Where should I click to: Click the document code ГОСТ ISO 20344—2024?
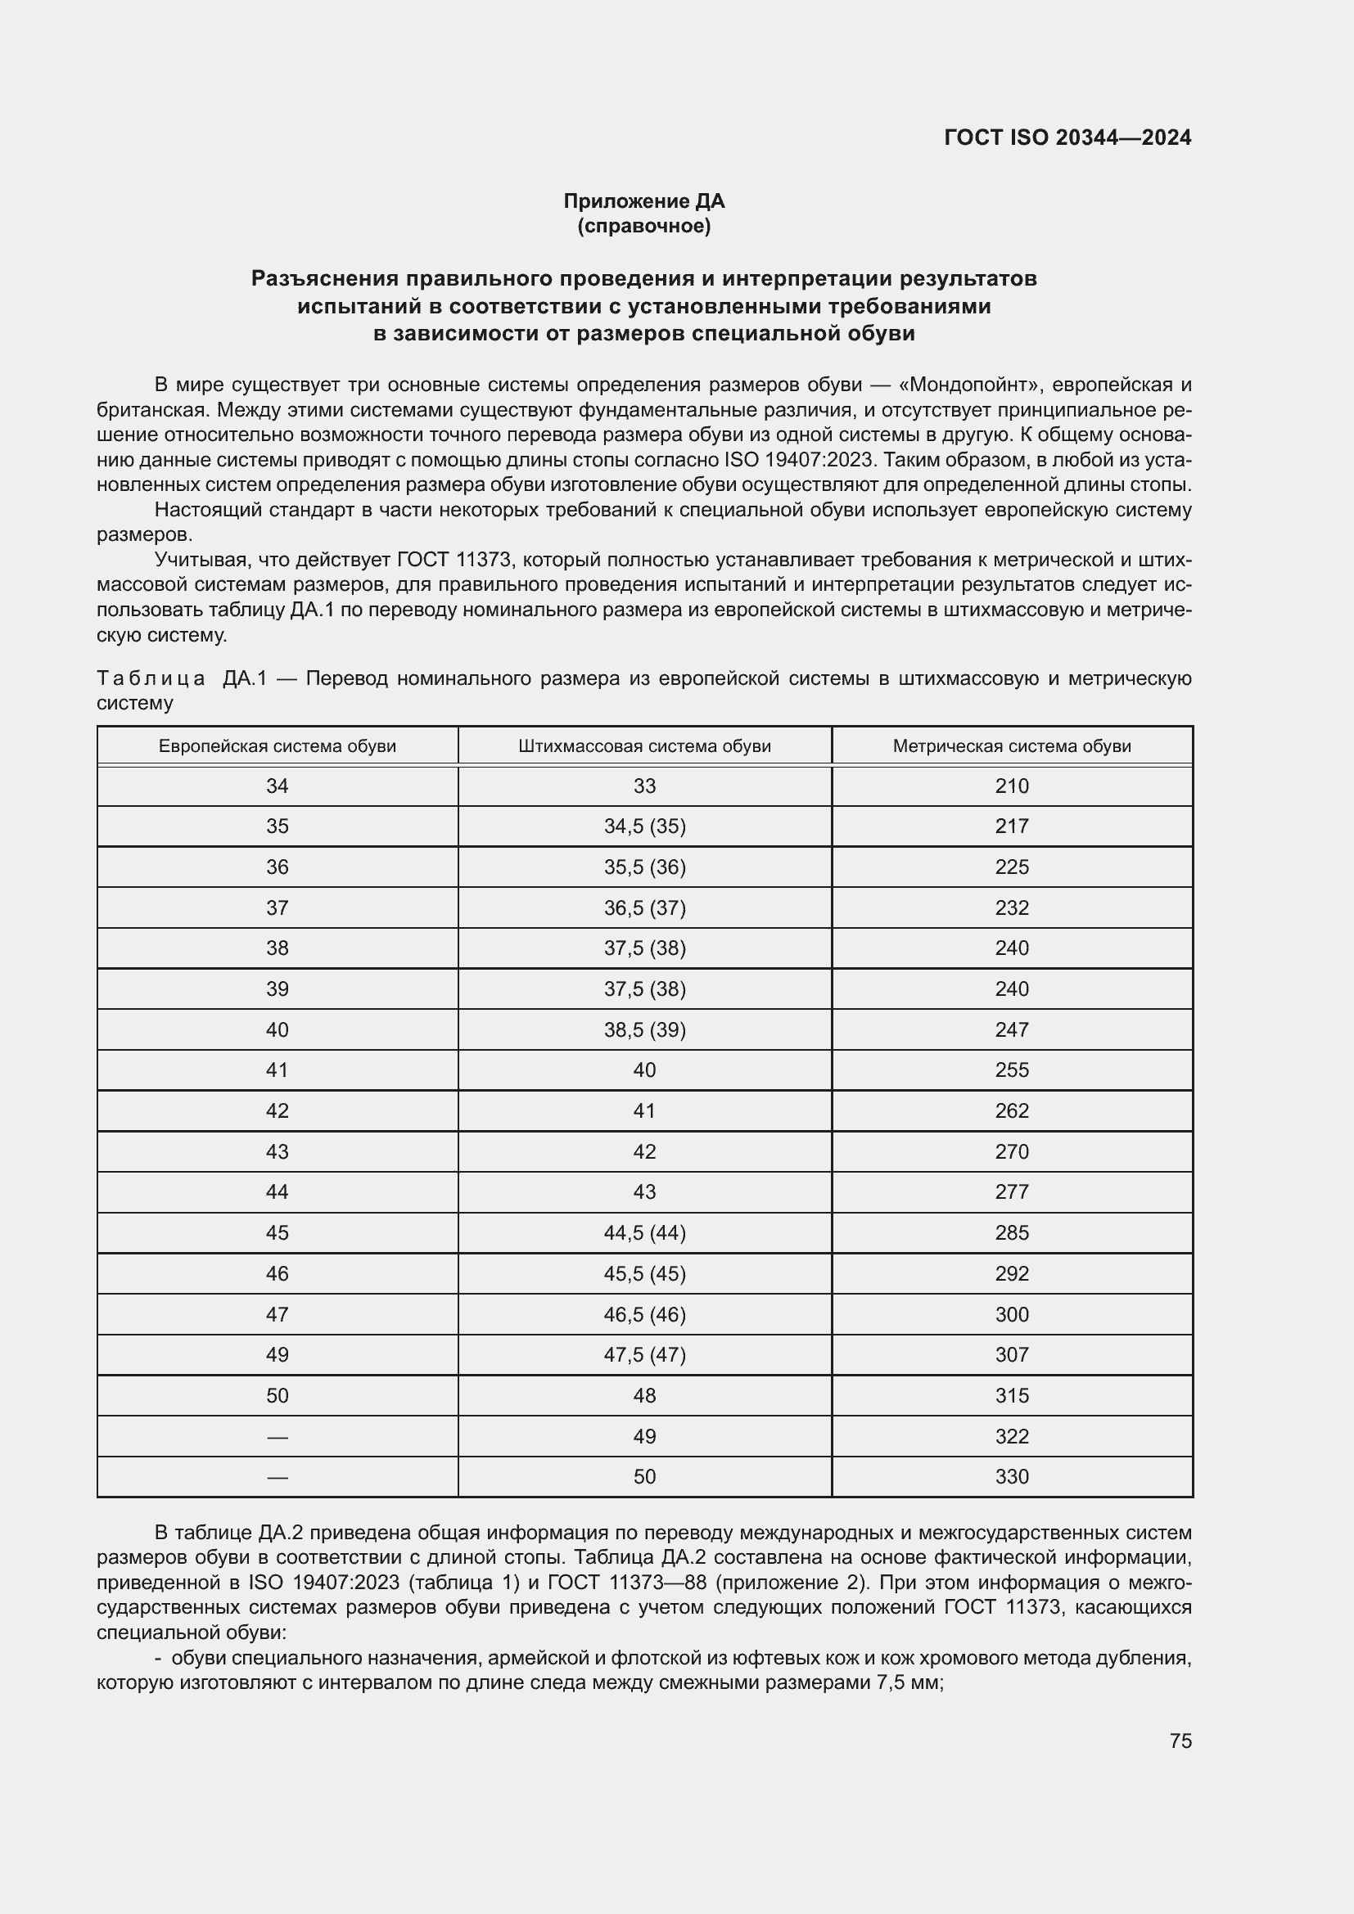(1067, 137)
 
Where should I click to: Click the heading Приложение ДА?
(643, 201)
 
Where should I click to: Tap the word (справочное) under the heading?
(643, 226)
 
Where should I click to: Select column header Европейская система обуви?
(277, 746)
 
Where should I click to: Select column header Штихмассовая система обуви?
(644, 746)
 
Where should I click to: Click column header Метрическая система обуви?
(1011, 746)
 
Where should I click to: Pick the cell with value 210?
(1011, 786)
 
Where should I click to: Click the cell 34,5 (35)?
(644, 826)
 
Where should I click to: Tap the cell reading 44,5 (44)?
(644, 1233)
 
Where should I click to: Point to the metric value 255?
(1011, 1070)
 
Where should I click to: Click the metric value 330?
(1011, 1476)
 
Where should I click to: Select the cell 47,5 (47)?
(644, 1354)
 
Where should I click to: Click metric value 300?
(1011, 1315)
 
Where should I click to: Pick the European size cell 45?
(277, 1233)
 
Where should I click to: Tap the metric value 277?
(1011, 1192)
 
